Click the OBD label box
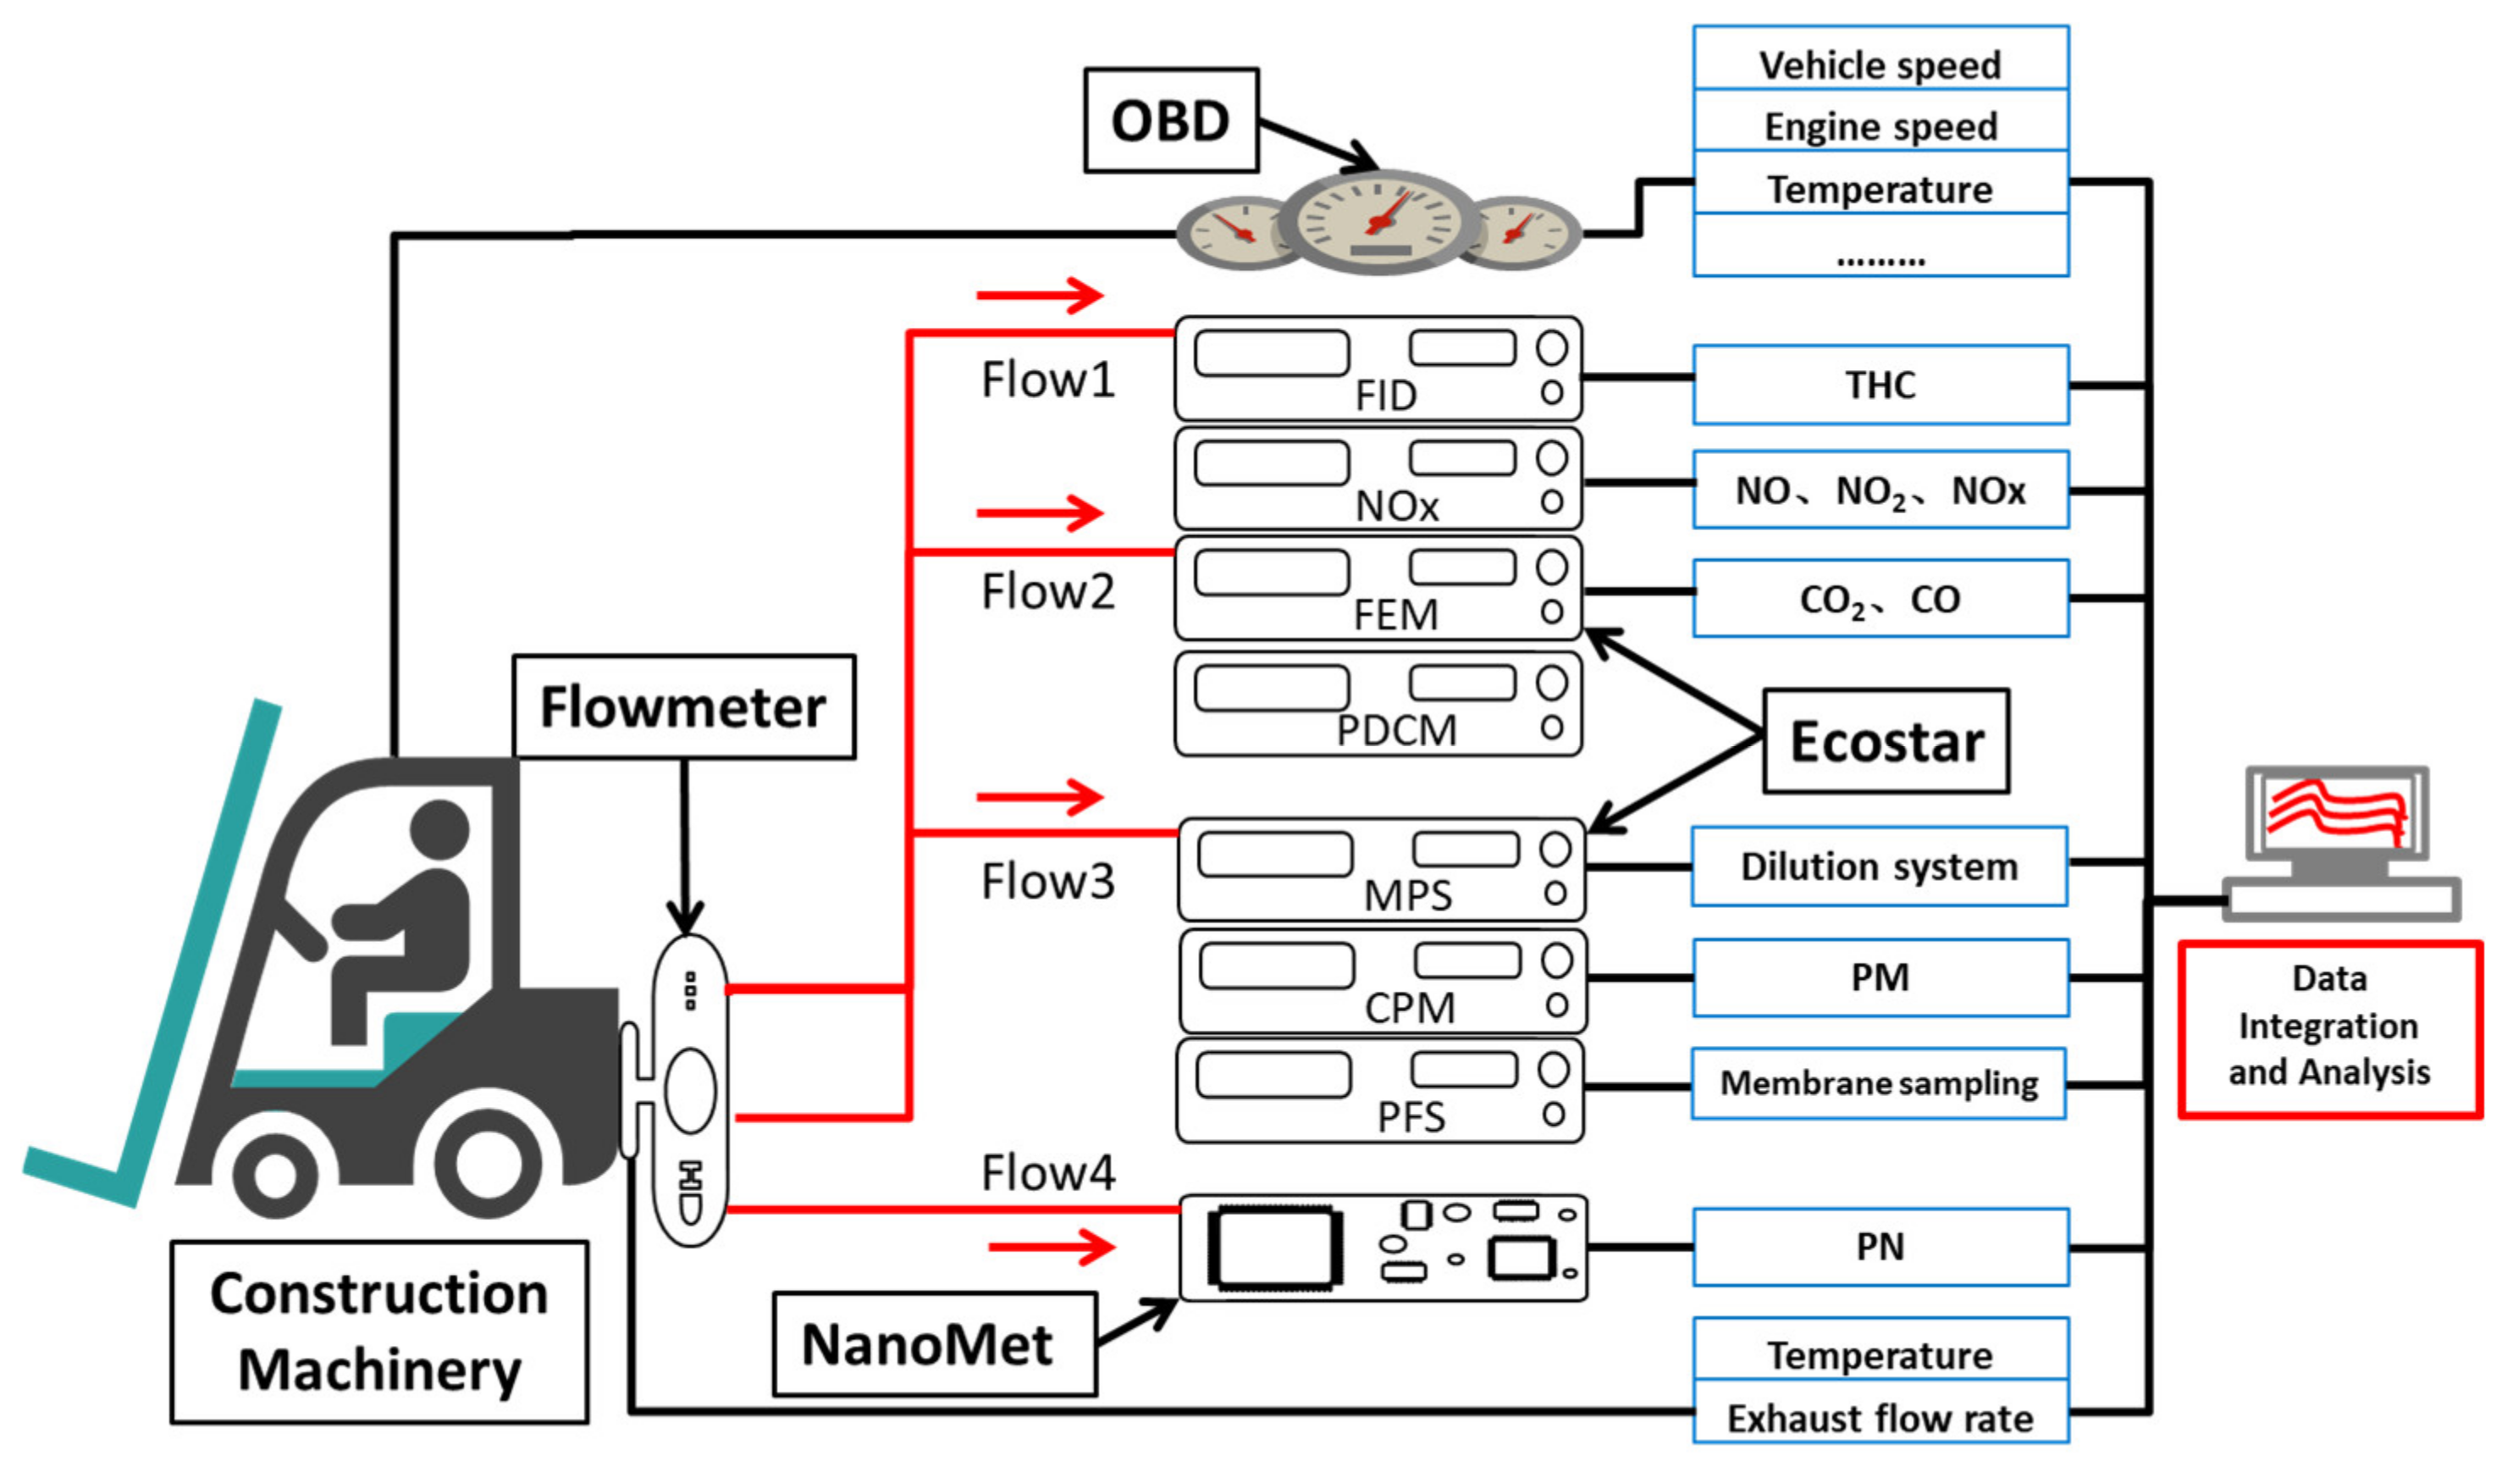pyautogui.click(x=1171, y=120)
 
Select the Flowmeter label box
pyautogui.click(x=683, y=707)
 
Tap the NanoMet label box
pyautogui.click(x=935, y=1343)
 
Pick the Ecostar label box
pyautogui.click(x=1886, y=741)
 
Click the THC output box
pyautogui.click(x=1880, y=385)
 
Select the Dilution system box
pyautogui.click(x=1879, y=866)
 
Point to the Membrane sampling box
pyautogui.click(x=1878, y=1083)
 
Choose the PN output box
pyautogui.click(x=1880, y=1247)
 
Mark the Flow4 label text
pyautogui.click(x=1047, y=1173)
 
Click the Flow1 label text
pyautogui.click(x=1047, y=380)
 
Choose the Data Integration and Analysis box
pyautogui.click(x=2328, y=1028)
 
